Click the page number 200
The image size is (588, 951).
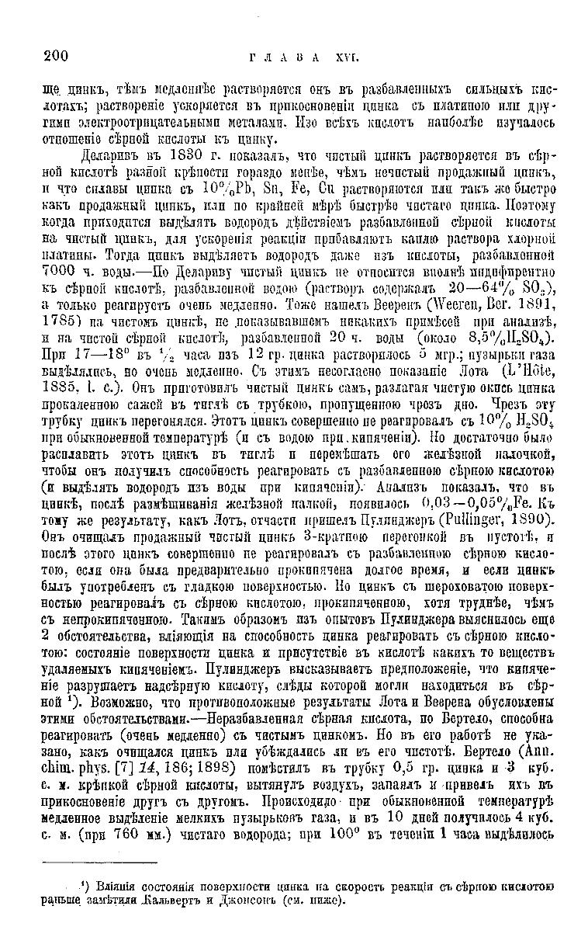[x=57, y=54]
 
